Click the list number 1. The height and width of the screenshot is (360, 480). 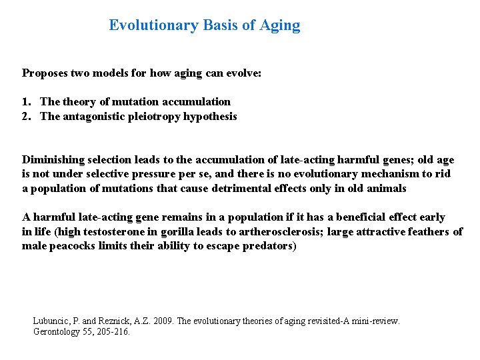(x=26, y=102)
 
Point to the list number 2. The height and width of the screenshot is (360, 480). (x=26, y=117)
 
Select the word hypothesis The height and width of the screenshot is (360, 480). (x=211, y=117)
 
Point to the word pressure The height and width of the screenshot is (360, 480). (x=141, y=174)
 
